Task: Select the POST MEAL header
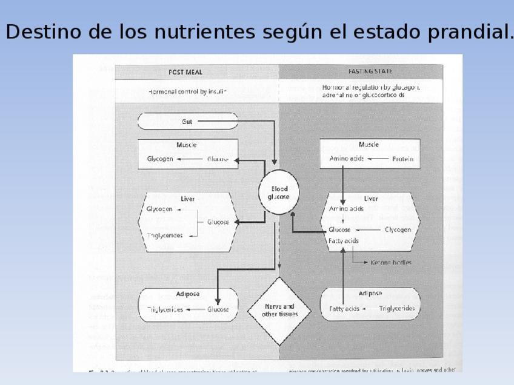pyautogui.click(x=185, y=72)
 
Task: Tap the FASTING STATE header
pyautogui.click(x=370, y=71)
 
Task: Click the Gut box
pyautogui.click(x=187, y=121)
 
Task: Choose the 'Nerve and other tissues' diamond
pyautogui.click(x=278, y=310)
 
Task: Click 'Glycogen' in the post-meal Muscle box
pyautogui.click(x=160, y=159)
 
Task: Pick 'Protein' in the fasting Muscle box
pyautogui.click(x=402, y=159)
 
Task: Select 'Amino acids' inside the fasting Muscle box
pyautogui.click(x=346, y=159)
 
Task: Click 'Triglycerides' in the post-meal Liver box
pyautogui.click(x=165, y=235)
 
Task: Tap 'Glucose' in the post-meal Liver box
pyautogui.click(x=218, y=222)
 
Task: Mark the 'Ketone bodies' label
pyautogui.click(x=391, y=262)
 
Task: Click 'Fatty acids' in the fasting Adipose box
pyautogui.click(x=344, y=309)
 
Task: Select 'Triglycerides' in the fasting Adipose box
pyautogui.click(x=397, y=309)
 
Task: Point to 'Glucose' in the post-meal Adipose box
pyautogui.click(x=218, y=309)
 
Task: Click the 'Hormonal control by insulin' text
pyautogui.click(x=187, y=92)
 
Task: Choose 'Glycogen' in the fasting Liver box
pyautogui.click(x=398, y=230)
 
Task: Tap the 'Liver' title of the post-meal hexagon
pyautogui.click(x=187, y=199)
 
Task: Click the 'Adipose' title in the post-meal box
pyautogui.click(x=187, y=294)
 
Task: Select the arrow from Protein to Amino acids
pyautogui.click(x=378, y=159)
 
